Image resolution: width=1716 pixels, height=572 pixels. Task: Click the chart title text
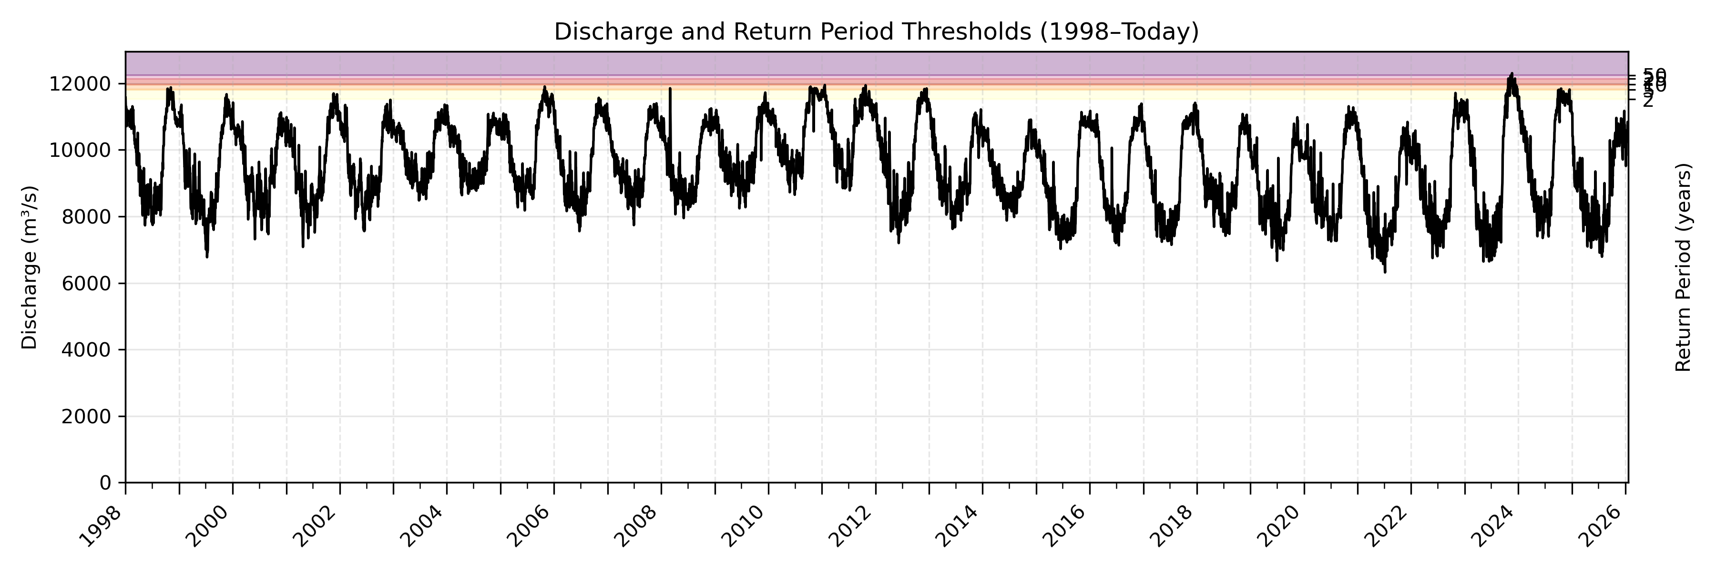876,32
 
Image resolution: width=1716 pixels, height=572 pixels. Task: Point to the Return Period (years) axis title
1684,267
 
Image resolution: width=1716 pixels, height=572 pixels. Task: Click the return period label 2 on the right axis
1647,101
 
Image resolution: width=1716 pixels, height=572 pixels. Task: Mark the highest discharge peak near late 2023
1512,74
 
